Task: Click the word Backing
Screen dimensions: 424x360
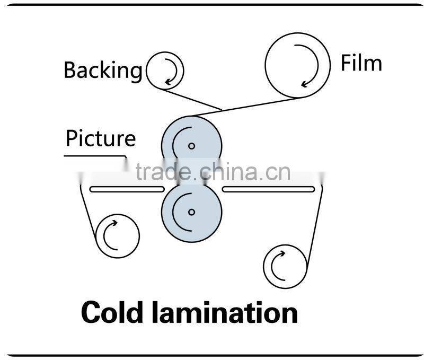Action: coord(103,71)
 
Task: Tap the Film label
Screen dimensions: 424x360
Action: coord(361,63)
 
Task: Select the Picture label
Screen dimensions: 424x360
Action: coord(101,138)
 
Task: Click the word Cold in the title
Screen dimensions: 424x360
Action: coord(112,312)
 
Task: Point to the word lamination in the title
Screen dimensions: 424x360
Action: coord(224,312)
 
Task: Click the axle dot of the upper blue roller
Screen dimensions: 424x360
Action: coord(192,146)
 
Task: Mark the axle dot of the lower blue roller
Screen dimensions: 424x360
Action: coord(192,212)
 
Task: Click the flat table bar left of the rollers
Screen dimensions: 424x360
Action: coord(127,189)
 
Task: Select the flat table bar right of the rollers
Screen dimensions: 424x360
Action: coord(268,189)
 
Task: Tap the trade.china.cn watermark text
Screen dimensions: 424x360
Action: coord(213,172)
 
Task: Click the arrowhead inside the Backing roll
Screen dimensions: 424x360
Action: coord(168,82)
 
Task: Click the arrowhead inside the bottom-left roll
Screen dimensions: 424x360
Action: coord(114,223)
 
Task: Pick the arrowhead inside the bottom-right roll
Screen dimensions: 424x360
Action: coord(282,254)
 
